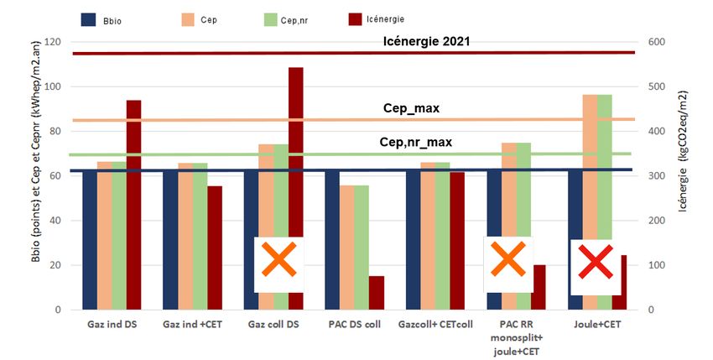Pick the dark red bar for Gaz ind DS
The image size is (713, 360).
tap(134, 205)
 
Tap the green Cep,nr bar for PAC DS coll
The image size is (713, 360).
tap(361, 248)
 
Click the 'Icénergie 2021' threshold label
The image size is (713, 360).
tap(432, 40)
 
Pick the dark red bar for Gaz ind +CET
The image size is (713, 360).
tap(215, 248)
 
